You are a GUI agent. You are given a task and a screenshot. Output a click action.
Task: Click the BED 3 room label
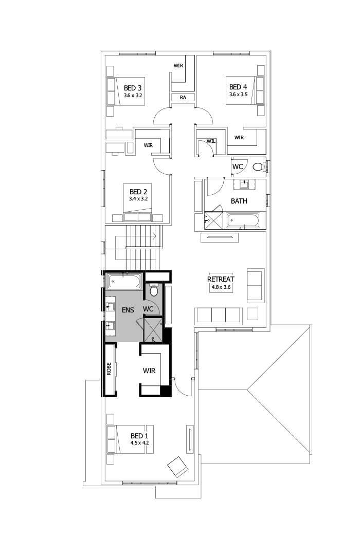tap(132, 88)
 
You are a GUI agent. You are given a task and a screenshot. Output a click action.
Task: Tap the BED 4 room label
tap(238, 87)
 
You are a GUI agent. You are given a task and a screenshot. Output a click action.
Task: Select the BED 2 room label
tap(138, 192)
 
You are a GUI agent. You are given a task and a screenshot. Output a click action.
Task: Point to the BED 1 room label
tap(139, 435)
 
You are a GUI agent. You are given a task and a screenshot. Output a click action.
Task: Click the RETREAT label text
tap(220, 280)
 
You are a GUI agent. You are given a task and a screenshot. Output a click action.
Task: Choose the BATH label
tap(238, 201)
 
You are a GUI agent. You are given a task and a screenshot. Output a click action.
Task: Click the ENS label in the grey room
tap(128, 310)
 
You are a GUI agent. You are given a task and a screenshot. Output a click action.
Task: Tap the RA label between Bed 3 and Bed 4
tap(183, 97)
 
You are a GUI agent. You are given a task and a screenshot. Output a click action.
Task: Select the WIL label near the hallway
tap(210, 140)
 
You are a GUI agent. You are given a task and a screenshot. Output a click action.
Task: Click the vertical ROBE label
tap(109, 369)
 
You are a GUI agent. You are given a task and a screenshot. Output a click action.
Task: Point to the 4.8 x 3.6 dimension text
tap(220, 288)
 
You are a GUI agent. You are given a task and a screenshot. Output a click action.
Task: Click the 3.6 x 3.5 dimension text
tap(238, 95)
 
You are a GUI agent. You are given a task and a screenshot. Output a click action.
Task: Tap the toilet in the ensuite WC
tap(153, 291)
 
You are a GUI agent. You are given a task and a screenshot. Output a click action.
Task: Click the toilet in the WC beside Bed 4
tap(258, 166)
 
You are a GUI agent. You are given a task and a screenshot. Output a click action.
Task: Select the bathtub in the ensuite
tap(123, 282)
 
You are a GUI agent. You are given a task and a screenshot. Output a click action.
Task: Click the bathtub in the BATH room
tap(243, 221)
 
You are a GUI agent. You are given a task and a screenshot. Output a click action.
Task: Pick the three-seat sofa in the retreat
tap(219, 314)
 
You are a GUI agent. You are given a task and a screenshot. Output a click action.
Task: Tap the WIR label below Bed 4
tap(239, 138)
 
